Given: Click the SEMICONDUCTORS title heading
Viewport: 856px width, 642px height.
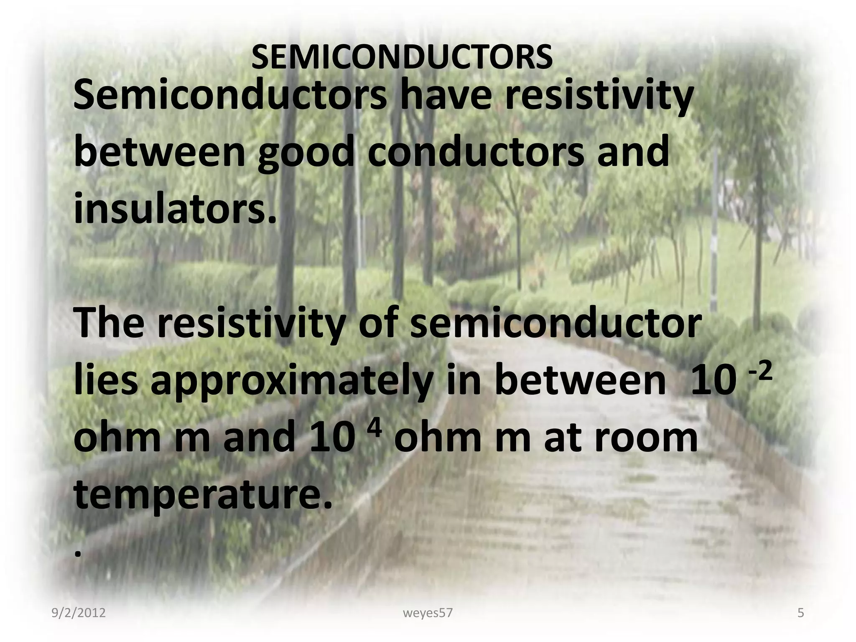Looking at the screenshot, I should (402, 58).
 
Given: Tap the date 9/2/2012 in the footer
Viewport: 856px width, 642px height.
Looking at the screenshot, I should (79, 613).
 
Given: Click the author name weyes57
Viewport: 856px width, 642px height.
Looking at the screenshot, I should (428, 613).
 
